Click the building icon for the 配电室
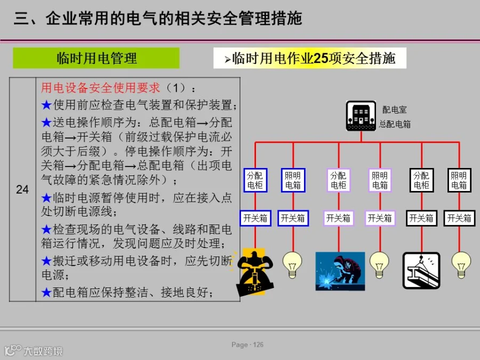pos(361,116)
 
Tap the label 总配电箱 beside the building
pos(395,124)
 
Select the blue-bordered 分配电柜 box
pos(255,180)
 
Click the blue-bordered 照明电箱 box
pos(293,180)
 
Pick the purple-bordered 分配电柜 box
pos(339,180)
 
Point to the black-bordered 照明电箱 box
pos(459,180)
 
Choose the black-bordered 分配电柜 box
pos(421,180)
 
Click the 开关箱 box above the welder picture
pos(339,218)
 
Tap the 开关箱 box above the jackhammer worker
pos(255,218)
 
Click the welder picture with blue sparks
pos(340,271)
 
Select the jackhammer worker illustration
pos(254,272)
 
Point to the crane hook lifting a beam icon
pos(421,270)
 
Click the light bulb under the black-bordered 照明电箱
pos(461,265)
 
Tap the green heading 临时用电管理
pos(97,58)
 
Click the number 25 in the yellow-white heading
pos(321,58)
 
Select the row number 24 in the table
pos(22,189)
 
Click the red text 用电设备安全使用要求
pos(100,88)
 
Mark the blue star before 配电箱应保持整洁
pos(46,292)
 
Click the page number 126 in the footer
pos(258,345)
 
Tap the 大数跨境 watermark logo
pos(34,350)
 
